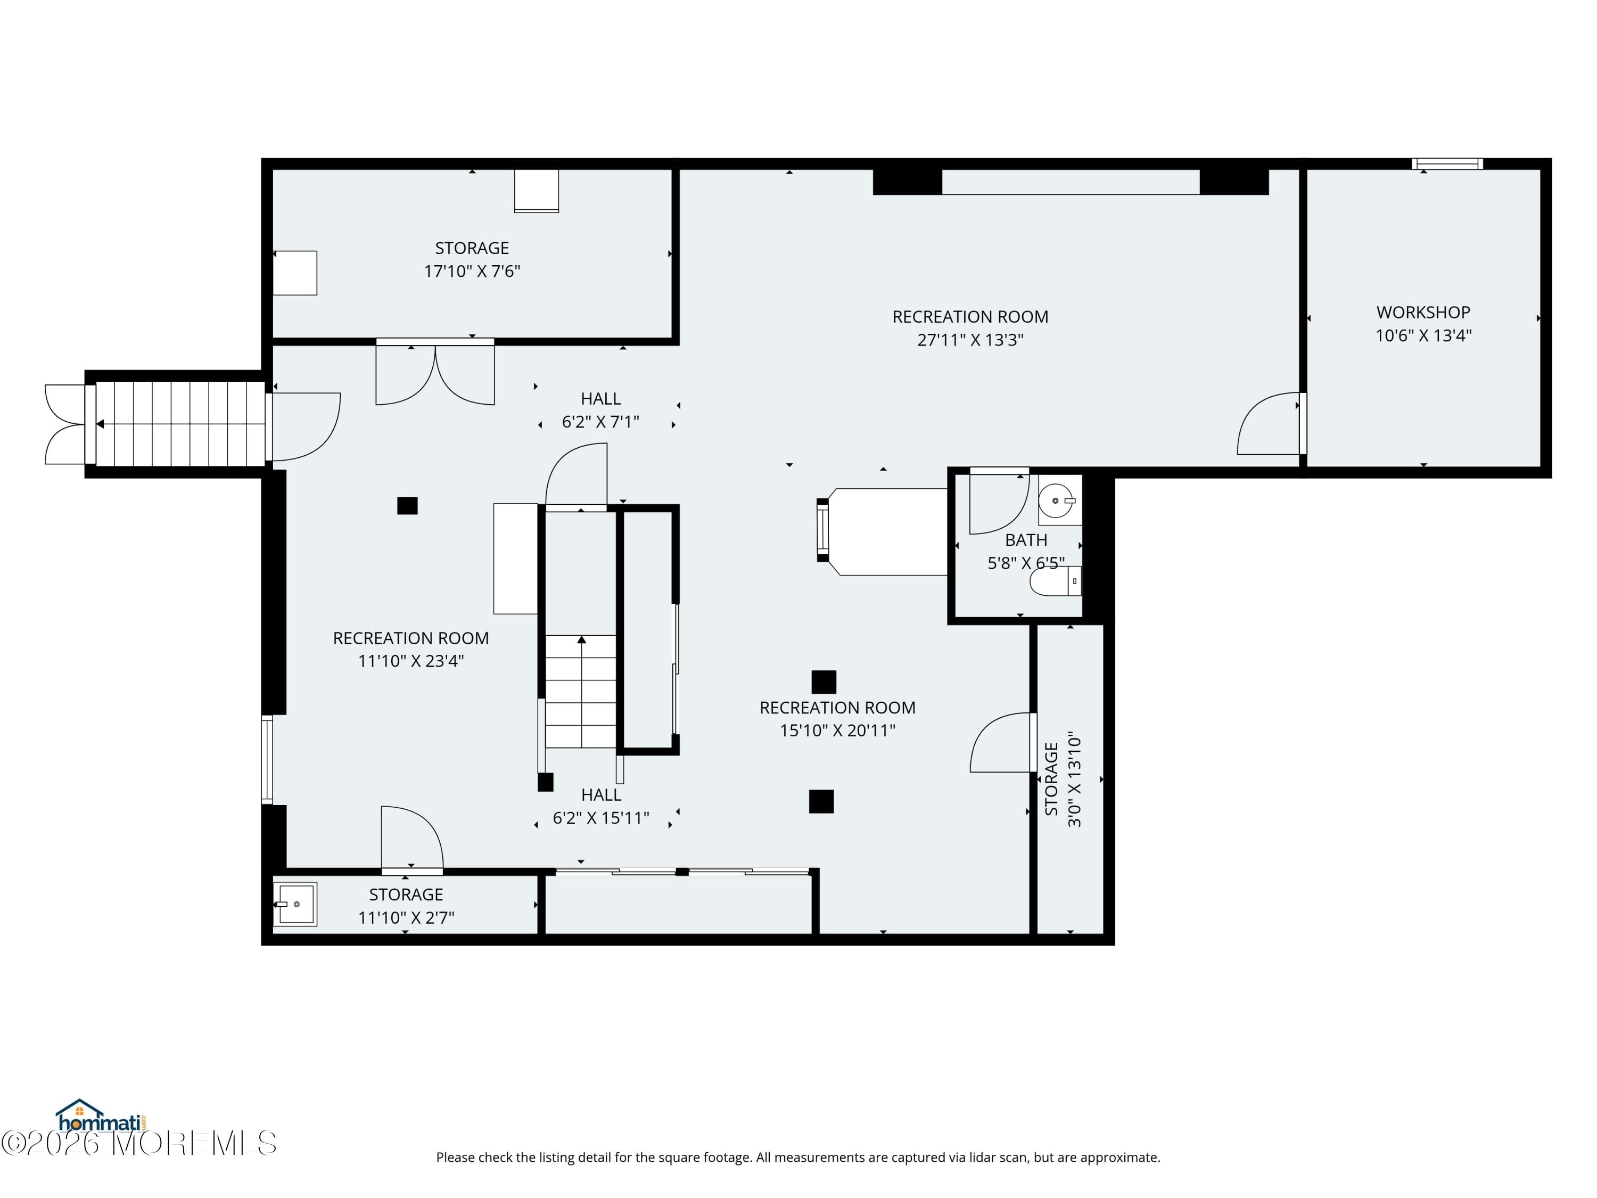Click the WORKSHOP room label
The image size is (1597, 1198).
1422,312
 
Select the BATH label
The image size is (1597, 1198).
1025,539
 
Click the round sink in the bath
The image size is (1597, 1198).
1056,500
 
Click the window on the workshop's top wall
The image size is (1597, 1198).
1447,164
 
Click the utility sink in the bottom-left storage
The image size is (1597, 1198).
294,904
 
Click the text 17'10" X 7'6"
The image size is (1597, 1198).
472,271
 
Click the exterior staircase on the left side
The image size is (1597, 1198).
180,424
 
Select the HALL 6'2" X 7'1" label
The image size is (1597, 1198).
600,409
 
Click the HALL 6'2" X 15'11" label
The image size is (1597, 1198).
600,806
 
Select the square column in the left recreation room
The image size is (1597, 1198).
407,505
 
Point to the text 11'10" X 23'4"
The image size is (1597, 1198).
411,661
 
